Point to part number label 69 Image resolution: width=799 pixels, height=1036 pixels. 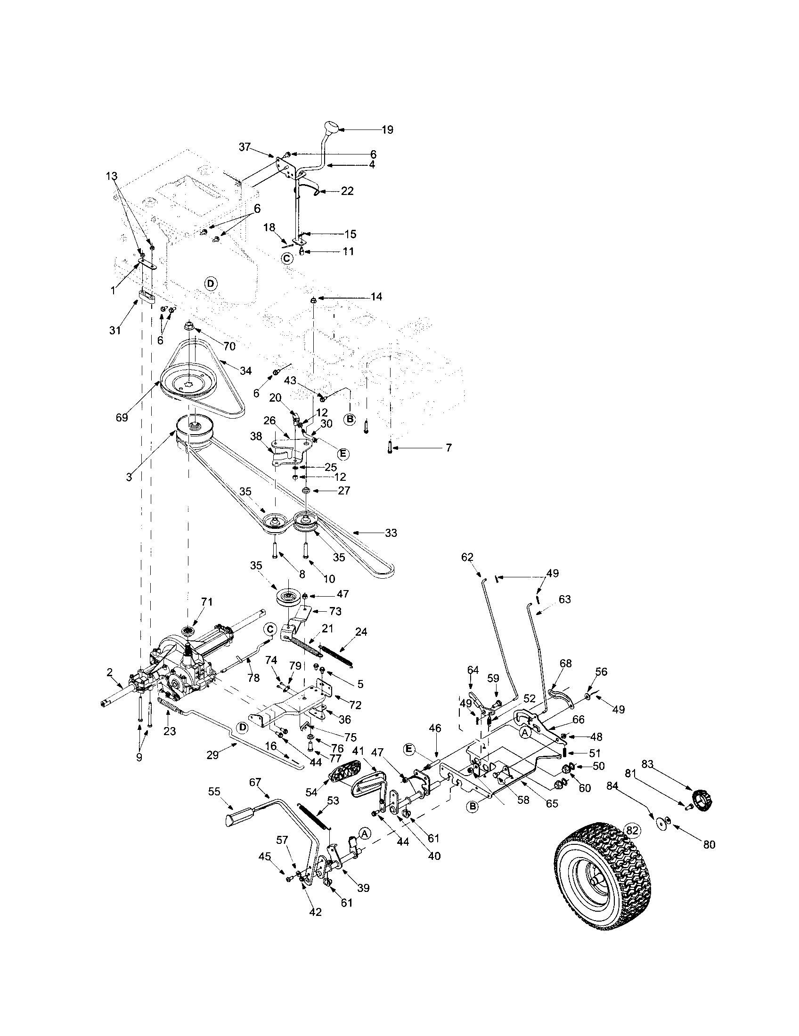122,417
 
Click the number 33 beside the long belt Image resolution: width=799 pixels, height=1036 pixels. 391,533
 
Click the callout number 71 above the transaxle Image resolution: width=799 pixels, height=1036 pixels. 207,602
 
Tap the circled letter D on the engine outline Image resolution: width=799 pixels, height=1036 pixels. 211,283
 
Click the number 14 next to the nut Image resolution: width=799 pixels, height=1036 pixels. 376,297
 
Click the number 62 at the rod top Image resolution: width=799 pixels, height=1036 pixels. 467,557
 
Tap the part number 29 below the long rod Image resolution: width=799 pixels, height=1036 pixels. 212,755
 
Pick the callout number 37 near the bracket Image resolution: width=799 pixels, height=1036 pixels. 245,147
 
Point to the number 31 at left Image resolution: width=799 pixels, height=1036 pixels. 115,331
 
